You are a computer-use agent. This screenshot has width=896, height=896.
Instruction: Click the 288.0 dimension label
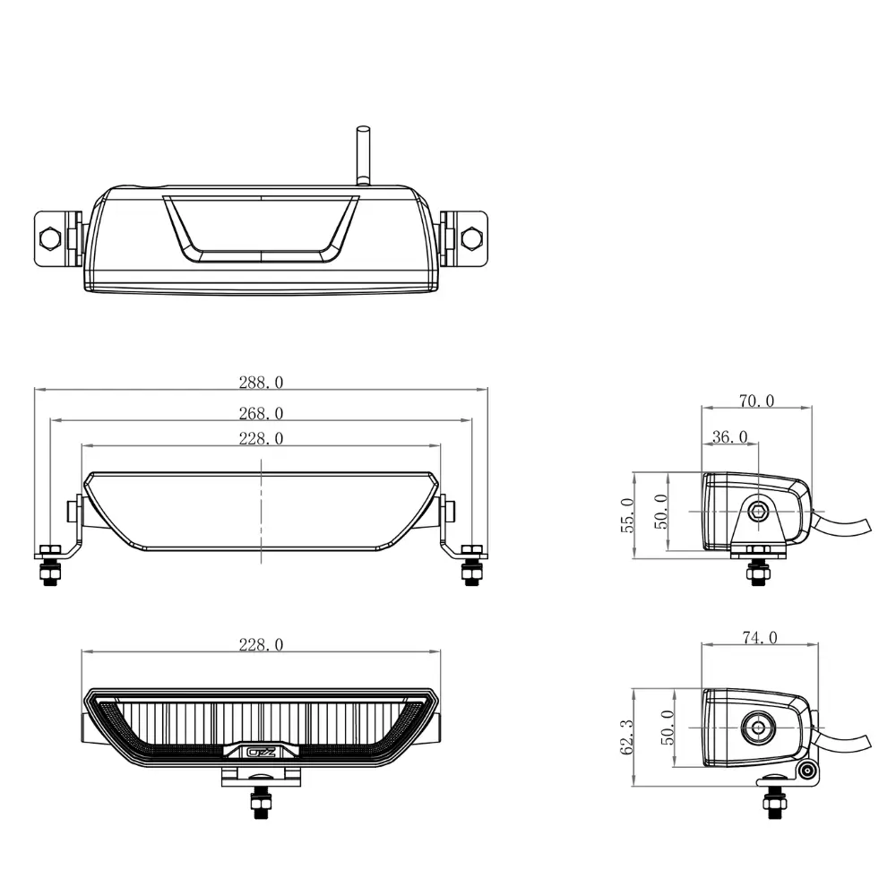(x=261, y=383)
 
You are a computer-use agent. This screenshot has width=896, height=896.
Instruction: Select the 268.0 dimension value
(x=261, y=413)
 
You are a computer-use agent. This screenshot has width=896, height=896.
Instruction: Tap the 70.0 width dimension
(x=756, y=401)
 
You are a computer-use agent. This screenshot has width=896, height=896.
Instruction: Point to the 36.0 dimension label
(x=729, y=437)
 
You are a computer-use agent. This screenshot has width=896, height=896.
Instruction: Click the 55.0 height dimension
(x=627, y=515)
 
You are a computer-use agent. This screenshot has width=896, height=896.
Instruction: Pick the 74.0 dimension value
(x=760, y=638)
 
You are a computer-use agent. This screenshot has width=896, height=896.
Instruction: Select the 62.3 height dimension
(x=627, y=737)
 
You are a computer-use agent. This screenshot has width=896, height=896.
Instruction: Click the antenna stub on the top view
(x=363, y=155)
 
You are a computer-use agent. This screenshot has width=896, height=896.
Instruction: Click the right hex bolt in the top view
(x=471, y=237)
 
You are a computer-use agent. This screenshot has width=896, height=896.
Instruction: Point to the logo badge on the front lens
(x=261, y=752)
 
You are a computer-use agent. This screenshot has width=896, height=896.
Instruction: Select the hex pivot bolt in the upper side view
(x=758, y=511)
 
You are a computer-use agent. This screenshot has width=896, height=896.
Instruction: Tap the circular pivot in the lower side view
(x=759, y=728)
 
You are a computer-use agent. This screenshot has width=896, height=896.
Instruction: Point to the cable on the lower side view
(x=841, y=741)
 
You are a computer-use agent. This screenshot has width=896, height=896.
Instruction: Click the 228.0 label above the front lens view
(x=261, y=644)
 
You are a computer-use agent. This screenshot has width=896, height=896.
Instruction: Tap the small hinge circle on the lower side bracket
(x=806, y=772)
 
